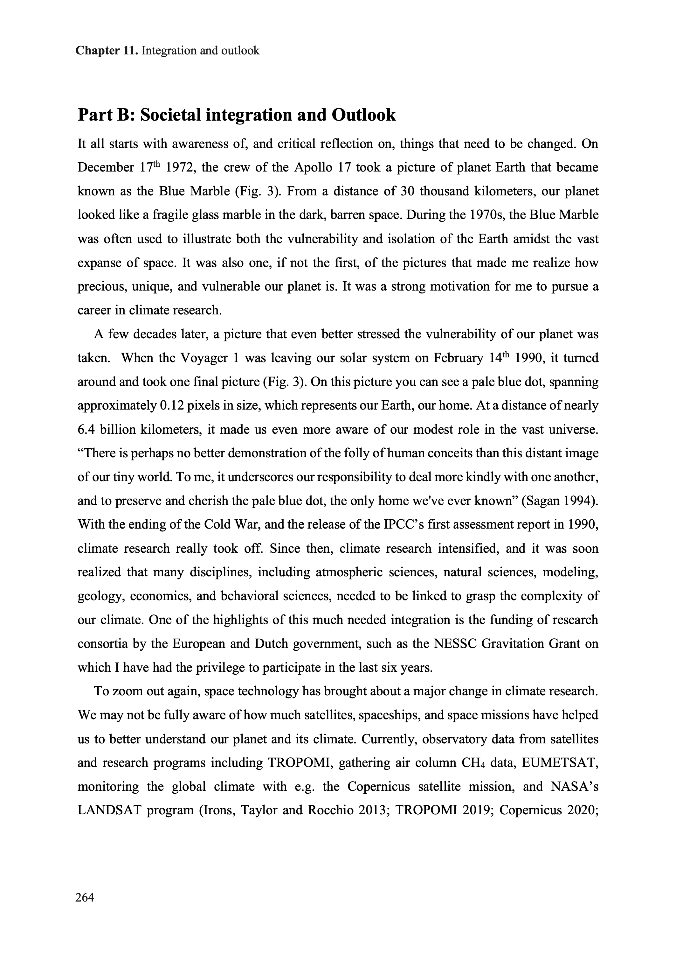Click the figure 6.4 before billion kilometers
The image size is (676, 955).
click(x=86, y=429)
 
